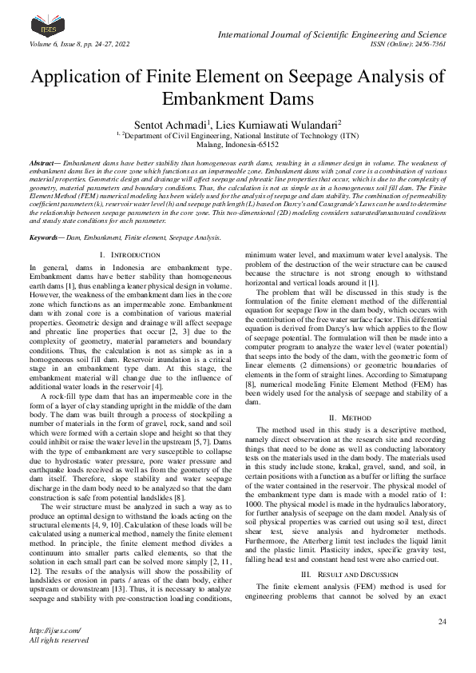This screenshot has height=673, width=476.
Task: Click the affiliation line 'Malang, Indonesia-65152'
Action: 237,145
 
